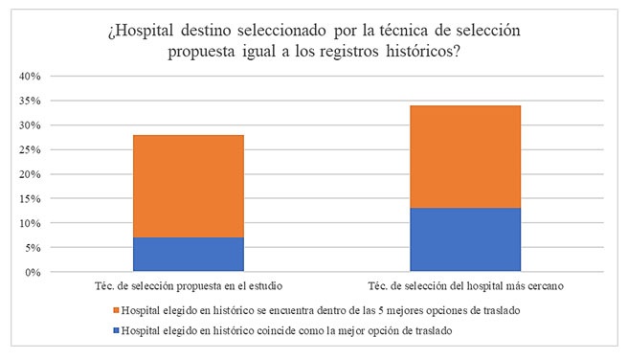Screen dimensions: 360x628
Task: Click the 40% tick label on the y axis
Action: click(28, 76)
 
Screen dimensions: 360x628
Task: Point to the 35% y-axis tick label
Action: click(28, 101)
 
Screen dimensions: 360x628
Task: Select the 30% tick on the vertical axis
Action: click(28, 125)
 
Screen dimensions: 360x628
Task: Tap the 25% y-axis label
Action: click(28, 149)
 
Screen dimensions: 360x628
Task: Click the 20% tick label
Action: click(28, 174)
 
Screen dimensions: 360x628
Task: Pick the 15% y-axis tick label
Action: click(28, 199)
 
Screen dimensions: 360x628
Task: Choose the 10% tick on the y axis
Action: click(28, 223)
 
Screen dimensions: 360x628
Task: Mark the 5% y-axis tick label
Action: click(31, 248)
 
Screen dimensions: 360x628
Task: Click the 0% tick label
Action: click(31, 273)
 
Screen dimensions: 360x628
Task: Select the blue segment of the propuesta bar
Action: click(189, 255)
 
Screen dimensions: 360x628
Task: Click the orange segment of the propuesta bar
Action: click(189, 186)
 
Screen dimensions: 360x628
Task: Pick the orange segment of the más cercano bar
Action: click(465, 157)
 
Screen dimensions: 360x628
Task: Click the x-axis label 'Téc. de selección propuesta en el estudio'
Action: click(189, 287)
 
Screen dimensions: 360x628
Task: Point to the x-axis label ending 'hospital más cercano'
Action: click(465, 287)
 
